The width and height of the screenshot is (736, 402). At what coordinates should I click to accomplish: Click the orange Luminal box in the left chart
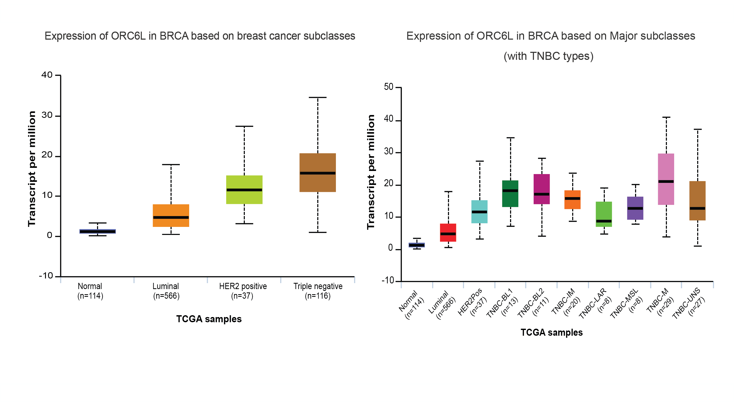tap(171, 212)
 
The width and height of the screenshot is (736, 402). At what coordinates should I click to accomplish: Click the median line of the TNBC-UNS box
tap(697, 209)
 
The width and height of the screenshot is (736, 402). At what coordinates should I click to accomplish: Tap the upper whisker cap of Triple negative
tap(318, 97)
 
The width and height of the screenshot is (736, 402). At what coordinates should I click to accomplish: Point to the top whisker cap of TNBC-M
tap(666, 117)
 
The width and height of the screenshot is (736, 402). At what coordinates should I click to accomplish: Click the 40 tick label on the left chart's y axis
tap(47, 75)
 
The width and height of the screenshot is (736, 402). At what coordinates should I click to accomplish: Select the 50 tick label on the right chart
tap(388, 87)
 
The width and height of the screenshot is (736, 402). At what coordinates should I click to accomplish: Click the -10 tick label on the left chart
tap(46, 276)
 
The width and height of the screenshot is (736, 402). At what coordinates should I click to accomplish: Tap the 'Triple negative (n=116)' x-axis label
tap(318, 291)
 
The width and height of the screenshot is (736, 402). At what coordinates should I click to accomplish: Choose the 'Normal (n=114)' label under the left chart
tap(90, 291)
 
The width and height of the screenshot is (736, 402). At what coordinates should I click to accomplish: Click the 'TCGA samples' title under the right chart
tap(551, 333)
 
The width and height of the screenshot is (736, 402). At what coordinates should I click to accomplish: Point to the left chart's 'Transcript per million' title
tap(32, 169)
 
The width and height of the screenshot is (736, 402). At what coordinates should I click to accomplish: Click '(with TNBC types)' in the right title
tap(548, 56)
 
